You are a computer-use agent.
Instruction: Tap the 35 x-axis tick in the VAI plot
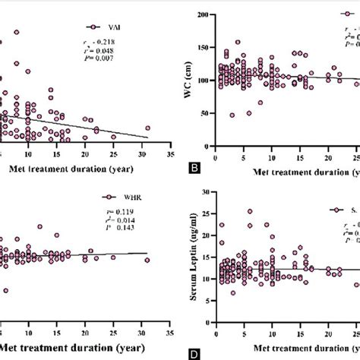169,151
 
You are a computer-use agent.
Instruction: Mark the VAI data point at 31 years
147,128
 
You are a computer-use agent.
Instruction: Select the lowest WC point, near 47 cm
232,115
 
